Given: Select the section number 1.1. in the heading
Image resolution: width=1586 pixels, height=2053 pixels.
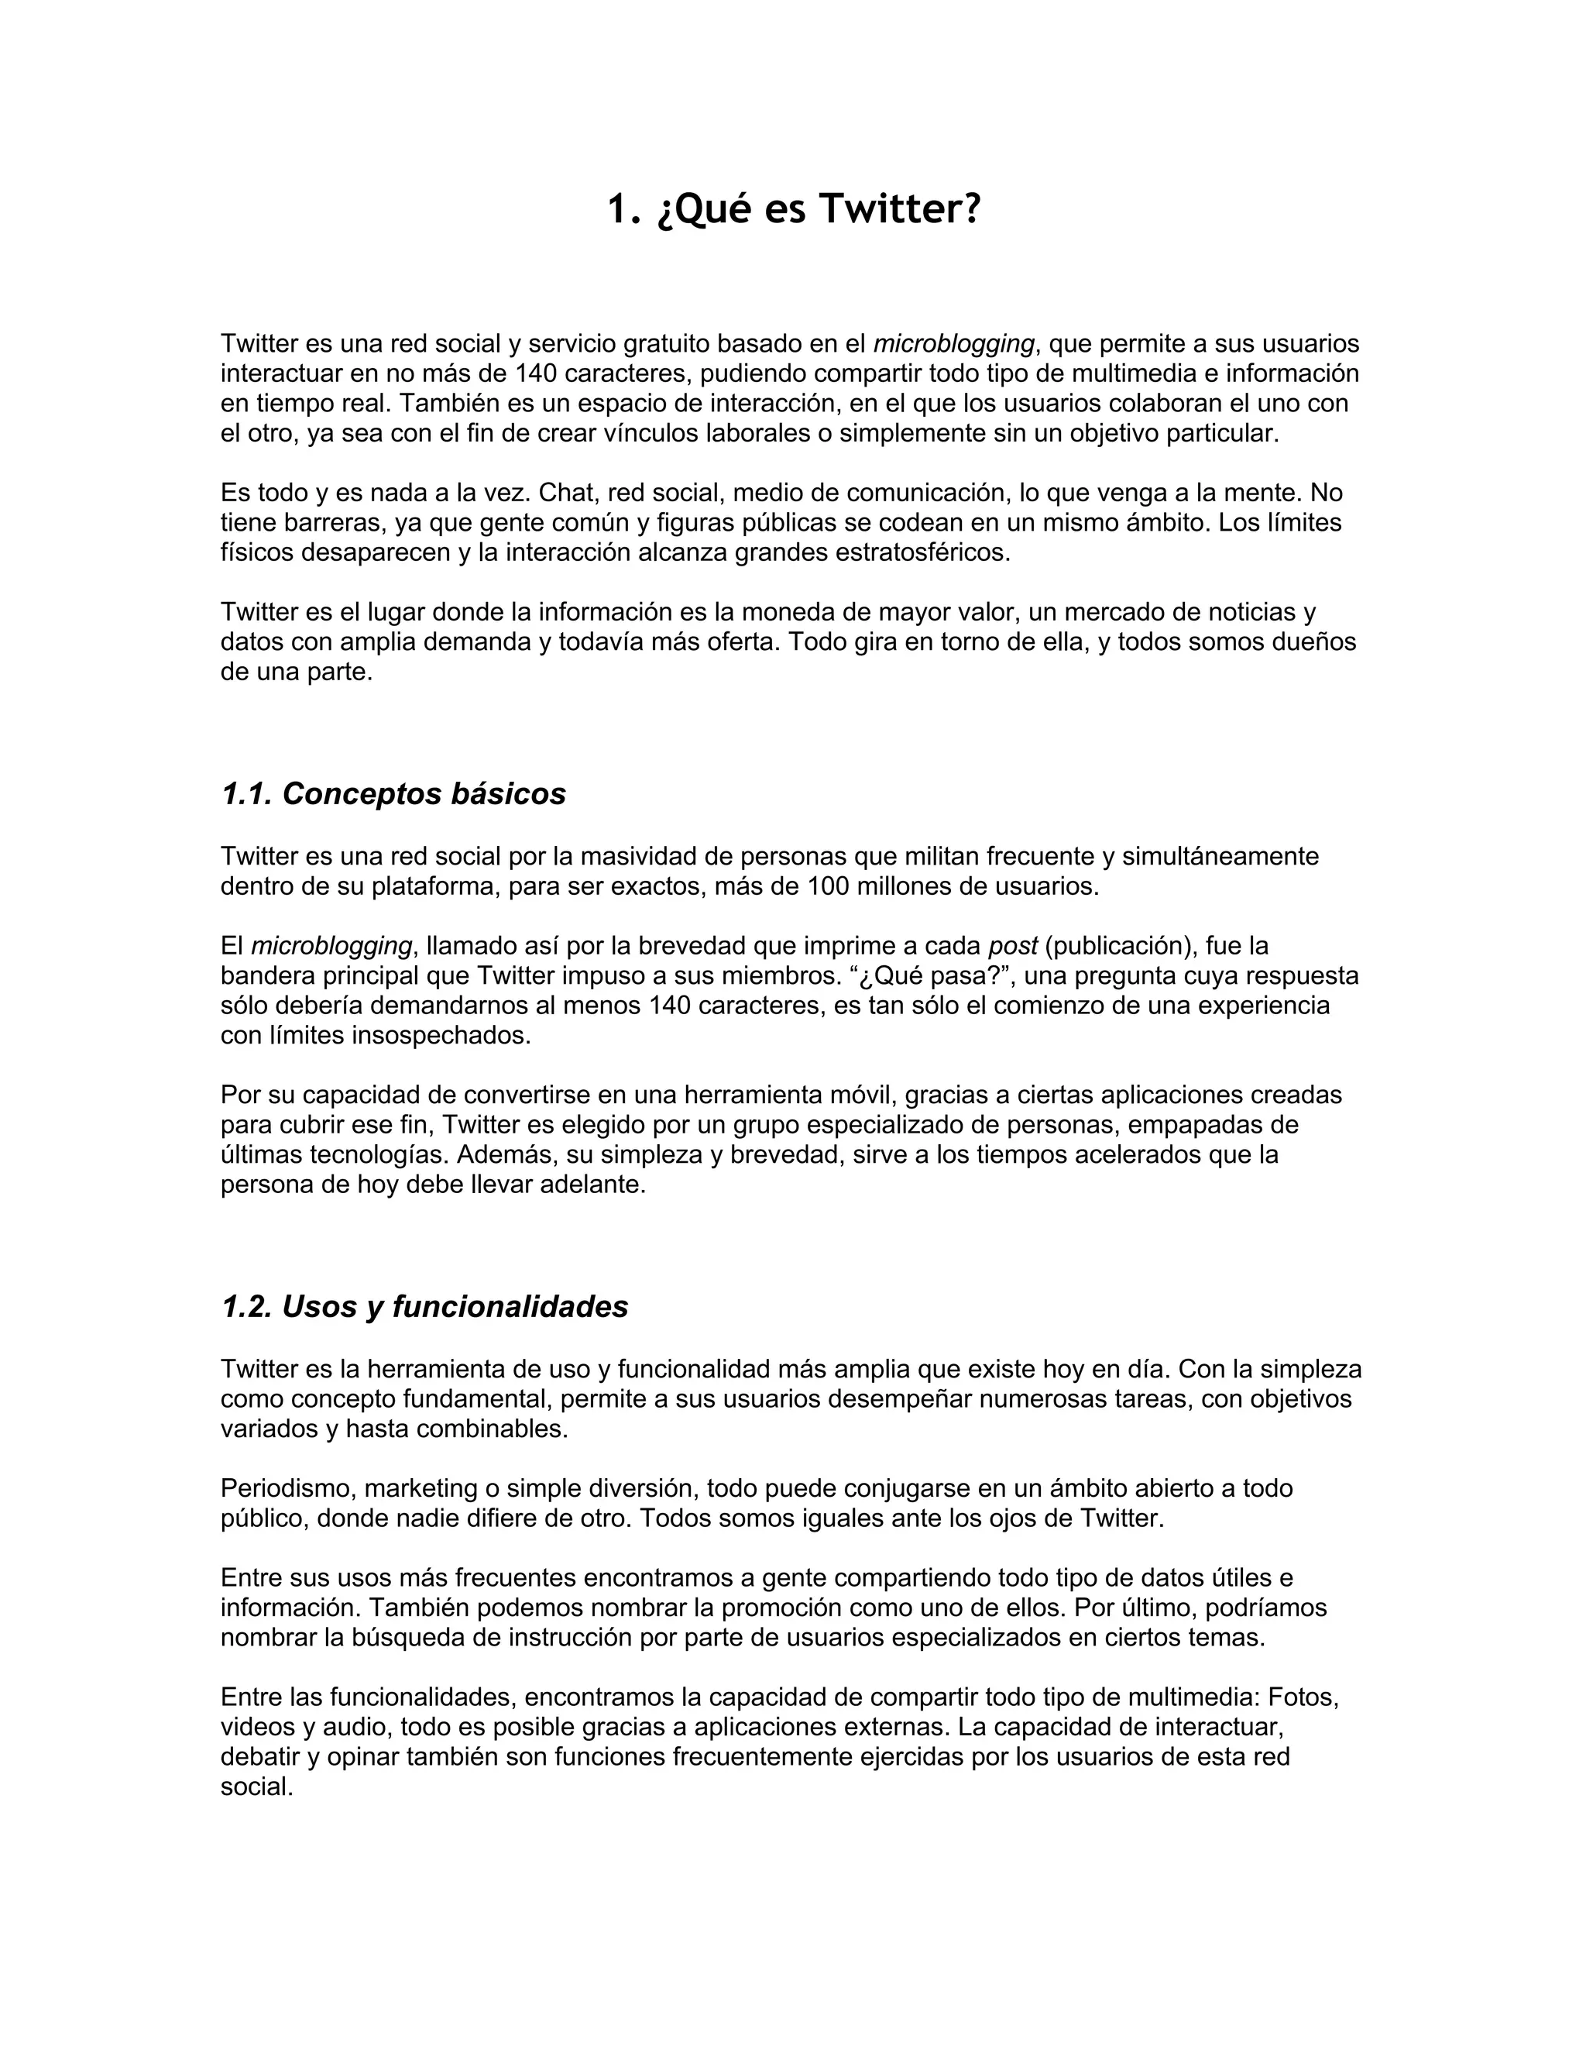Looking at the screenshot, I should [x=247, y=794].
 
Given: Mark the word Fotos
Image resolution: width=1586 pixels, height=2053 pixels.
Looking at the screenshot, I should [x=1303, y=1697].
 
